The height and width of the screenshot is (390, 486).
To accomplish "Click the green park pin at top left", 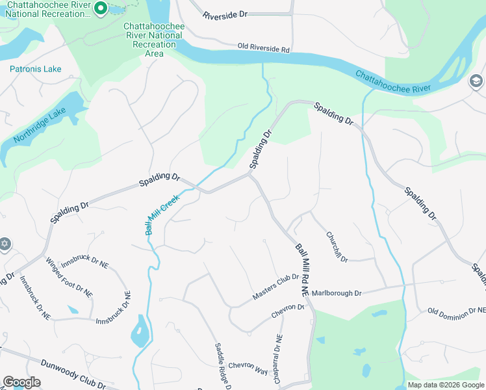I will click(x=100, y=8).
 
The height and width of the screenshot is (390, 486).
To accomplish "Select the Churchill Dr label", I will click(x=337, y=247).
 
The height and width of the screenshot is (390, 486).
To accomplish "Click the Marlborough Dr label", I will click(x=336, y=293).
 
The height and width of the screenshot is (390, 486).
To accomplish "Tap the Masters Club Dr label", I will click(x=275, y=287).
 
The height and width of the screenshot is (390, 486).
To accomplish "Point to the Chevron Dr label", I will click(x=287, y=311).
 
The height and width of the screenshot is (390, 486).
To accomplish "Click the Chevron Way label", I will click(x=248, y=369).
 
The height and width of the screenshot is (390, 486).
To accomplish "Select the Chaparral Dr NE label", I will click(x=279, y=357).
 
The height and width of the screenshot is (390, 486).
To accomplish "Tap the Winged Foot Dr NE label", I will click(x=69, y=278).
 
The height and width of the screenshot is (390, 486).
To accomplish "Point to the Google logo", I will click(x=21, y=382).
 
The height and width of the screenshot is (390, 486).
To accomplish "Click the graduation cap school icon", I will click(x=476, y=81).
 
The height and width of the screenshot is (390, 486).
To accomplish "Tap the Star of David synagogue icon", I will click(x=5, y=244).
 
